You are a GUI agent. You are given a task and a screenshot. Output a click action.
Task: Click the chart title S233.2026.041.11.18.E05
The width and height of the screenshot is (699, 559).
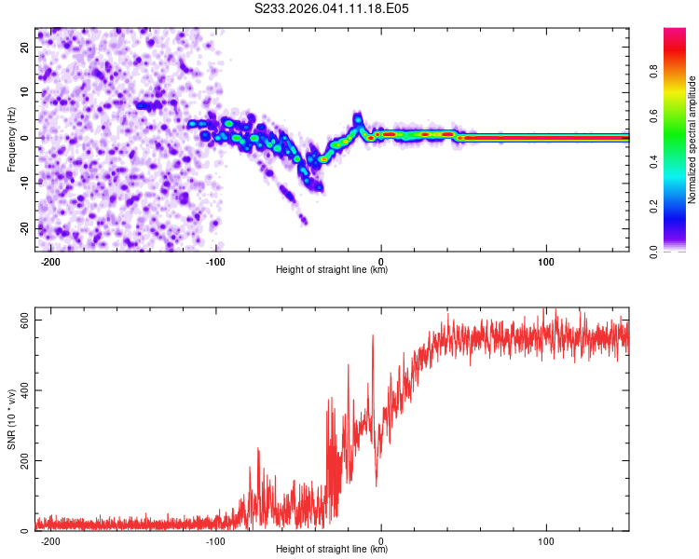click(333, 8)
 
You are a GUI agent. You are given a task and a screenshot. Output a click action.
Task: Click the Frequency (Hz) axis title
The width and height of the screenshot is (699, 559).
click(11, 140)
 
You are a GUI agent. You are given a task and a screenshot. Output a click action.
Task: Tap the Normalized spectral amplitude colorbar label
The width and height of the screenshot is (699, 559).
click(692, 140)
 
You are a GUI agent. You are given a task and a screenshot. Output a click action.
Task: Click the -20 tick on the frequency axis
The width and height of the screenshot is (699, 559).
click(23, 228)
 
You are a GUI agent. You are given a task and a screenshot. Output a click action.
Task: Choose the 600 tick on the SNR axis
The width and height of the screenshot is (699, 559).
click(21, 320)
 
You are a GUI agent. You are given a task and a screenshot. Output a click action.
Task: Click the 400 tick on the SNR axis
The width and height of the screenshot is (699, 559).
click(21, 390)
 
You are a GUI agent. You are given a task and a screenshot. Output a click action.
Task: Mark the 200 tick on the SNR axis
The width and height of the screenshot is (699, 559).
click(21, 461)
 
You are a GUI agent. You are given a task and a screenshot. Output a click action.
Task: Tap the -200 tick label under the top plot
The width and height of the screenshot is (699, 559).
click(51, 261)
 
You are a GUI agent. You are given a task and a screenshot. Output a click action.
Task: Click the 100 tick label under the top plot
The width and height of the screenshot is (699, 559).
click(546, 261)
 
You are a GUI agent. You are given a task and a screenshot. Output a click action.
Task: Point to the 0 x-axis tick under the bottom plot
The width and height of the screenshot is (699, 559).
click(381, 540)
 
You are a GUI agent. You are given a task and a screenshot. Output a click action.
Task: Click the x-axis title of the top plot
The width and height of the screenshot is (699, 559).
click(332, 270)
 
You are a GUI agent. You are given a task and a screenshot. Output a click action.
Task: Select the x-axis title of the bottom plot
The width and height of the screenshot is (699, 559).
click(332, 550)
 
